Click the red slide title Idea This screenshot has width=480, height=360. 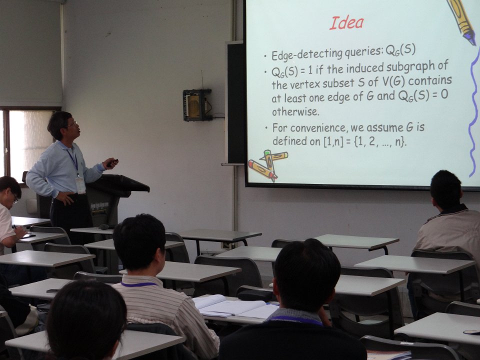[346, 23]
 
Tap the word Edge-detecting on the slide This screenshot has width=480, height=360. [306, 54]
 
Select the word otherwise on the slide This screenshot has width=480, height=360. [295, 111]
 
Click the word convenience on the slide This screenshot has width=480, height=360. [323, 127]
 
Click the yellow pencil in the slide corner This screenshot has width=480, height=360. [461, 21]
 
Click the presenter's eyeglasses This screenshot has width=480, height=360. [73, 124]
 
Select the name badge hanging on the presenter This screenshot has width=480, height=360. [80, 185]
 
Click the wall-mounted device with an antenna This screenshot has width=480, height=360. [197, 104]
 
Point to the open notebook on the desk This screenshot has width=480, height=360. [235, 306]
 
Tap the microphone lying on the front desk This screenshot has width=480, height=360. [104, 226]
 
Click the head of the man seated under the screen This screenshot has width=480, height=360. [445, 190]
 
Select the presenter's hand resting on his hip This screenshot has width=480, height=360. [65, 198]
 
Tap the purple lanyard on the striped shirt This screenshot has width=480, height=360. [138, 284]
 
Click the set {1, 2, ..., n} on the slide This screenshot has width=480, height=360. [380, 142]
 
